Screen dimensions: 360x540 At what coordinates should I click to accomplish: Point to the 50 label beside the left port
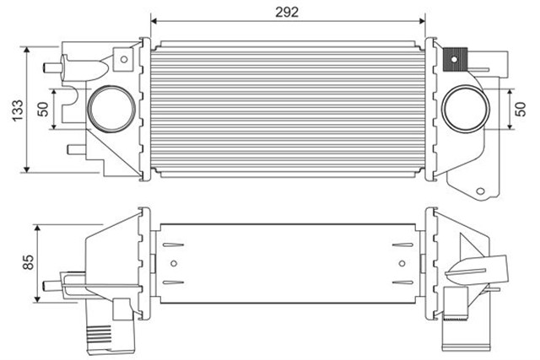(x=43, y=110)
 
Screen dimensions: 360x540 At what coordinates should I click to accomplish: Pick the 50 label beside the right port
(x=521, y=108)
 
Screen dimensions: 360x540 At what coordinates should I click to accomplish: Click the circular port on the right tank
(x=461, y=108)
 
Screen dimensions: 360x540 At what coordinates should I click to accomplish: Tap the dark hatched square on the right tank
(x=456, y=59)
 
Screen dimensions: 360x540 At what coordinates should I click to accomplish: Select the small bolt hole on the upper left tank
(x=124, y=59)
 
